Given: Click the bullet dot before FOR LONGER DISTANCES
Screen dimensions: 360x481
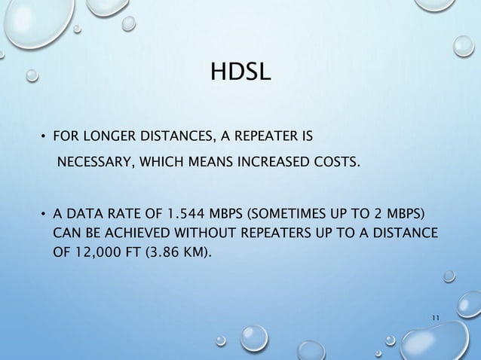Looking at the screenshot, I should pos(43,137).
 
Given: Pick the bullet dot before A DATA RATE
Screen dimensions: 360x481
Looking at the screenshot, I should pos(43,212).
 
